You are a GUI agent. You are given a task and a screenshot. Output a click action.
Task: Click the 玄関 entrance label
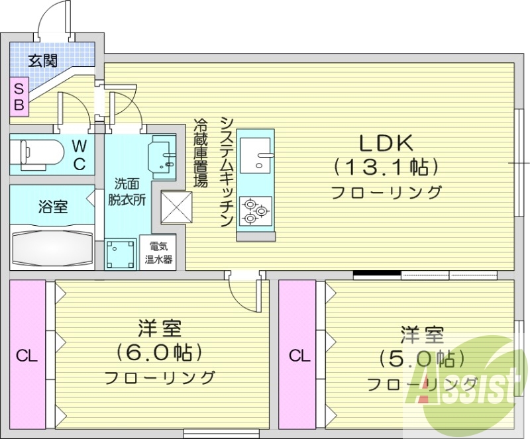pyautogui.click(x=42, y=61)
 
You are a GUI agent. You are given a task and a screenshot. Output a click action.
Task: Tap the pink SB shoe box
pyautogui.click(x=19, y=96)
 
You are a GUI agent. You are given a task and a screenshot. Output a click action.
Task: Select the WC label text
pyautogui.click(x=79, y=154)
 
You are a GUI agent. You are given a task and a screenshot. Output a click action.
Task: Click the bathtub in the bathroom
pyautogui.click(x=52, y=247)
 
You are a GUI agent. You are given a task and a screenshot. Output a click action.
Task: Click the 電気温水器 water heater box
pyautogui.click(x=160, y=252)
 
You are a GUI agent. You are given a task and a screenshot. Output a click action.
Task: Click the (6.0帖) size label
pyautogui.click(x=160, y=352)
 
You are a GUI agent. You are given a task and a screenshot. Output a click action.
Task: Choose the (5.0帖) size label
pyautogui.click(x=421, y=358)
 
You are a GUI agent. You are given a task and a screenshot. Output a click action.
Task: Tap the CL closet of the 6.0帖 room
pyautogui.click(x=27, y=356)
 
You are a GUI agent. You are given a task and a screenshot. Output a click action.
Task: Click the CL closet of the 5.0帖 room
pyautogui.click(x=299, y=356)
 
